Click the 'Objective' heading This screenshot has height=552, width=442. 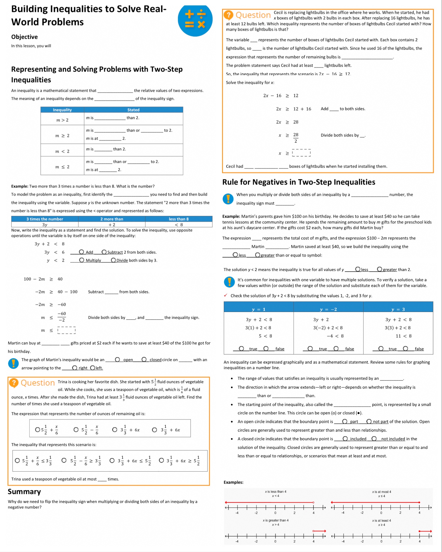[x=24, y=37]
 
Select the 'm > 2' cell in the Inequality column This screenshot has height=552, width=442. [x=62, y=120]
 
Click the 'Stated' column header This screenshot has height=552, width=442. [x=133, y=110]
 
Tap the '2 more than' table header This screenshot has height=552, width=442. [x=112, y=219]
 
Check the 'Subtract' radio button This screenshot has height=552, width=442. [x=104, y=252]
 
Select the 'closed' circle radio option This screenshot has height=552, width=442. [x=144, y=359]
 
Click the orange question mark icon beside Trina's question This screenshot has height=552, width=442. [x=14, y=383]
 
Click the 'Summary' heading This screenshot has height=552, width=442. [x=24, y=492]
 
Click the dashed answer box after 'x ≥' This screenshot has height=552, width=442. [x=301, y=153]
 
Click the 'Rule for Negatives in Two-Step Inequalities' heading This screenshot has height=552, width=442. [x=299, y=182]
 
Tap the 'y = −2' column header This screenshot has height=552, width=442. [x=328, y=309]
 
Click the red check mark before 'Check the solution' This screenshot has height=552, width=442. [x=226, y=295]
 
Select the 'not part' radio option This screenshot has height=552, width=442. [x=369, y=421]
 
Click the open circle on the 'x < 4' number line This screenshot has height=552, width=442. [x=313, y=502]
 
